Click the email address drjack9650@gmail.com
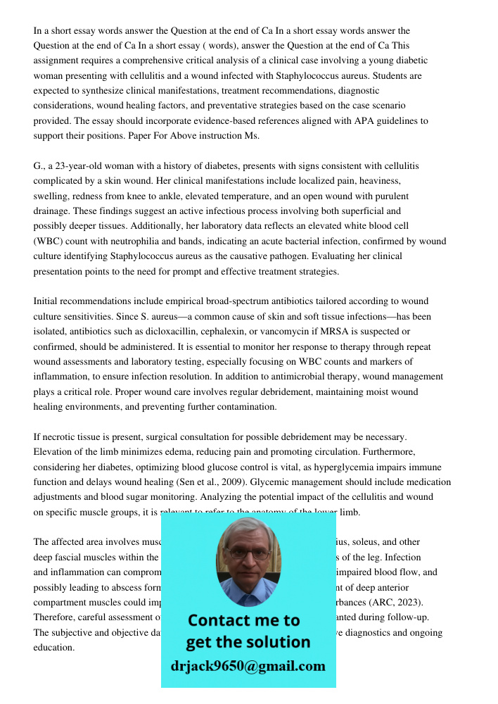[248, 666]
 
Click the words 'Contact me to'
[244, 620]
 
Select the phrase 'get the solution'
[248, 642]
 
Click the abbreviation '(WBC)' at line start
[49, 241]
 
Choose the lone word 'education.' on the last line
[53, 647]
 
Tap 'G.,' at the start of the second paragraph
[39, 166]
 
